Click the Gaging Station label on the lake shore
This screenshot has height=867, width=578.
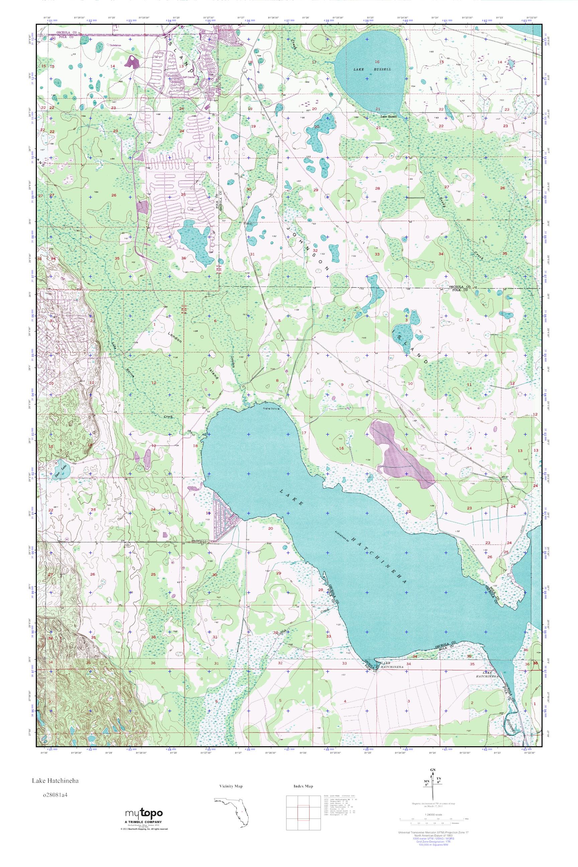(x=271, y=408)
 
